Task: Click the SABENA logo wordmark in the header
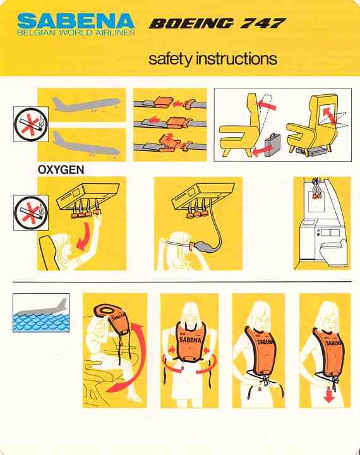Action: pos(76,21)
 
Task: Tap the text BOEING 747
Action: pos(217,24)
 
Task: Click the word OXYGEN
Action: pos(61,170)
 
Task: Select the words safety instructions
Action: pos(213,59)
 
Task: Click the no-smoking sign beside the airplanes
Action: pos(31,124)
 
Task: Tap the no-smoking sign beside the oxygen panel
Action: pos(31,213)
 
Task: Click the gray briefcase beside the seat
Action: pos(273,144)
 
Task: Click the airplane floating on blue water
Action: pos(44,308)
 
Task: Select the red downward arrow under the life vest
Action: pos(329,394)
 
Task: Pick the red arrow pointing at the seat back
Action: pos(267,105)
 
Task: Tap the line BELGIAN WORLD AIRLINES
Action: pos(76,32)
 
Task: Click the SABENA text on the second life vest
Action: pos(189,339)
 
